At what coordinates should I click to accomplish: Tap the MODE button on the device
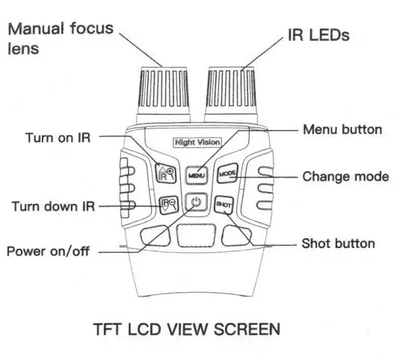pyautogui.click(x=227, y=175)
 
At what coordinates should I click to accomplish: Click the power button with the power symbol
pyautogui.click(x=196, y=202)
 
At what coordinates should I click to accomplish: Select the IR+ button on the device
pyautogui.click(x=166, y=175)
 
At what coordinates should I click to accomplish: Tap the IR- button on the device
pyautogui.click(x=167, y=202)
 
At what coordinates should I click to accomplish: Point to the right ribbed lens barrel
pyautogui.click(x=231, y=96)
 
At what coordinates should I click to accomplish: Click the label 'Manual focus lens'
pyautogui.click(x=60, y=38)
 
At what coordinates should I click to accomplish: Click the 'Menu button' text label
pyautogui.click(x=342, y=129)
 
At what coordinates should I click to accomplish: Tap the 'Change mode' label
pyautogui.click(x=345, y=177)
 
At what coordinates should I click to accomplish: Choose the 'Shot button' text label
pyautogui.click(x=337, y=243)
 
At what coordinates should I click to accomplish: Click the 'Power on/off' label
pyautogui.click(x=48, y=251)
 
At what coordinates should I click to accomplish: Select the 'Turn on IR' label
pyautogui.click(x=61, y=137)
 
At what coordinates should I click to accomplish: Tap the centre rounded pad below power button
pyautogui.click(x=197, y=234)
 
